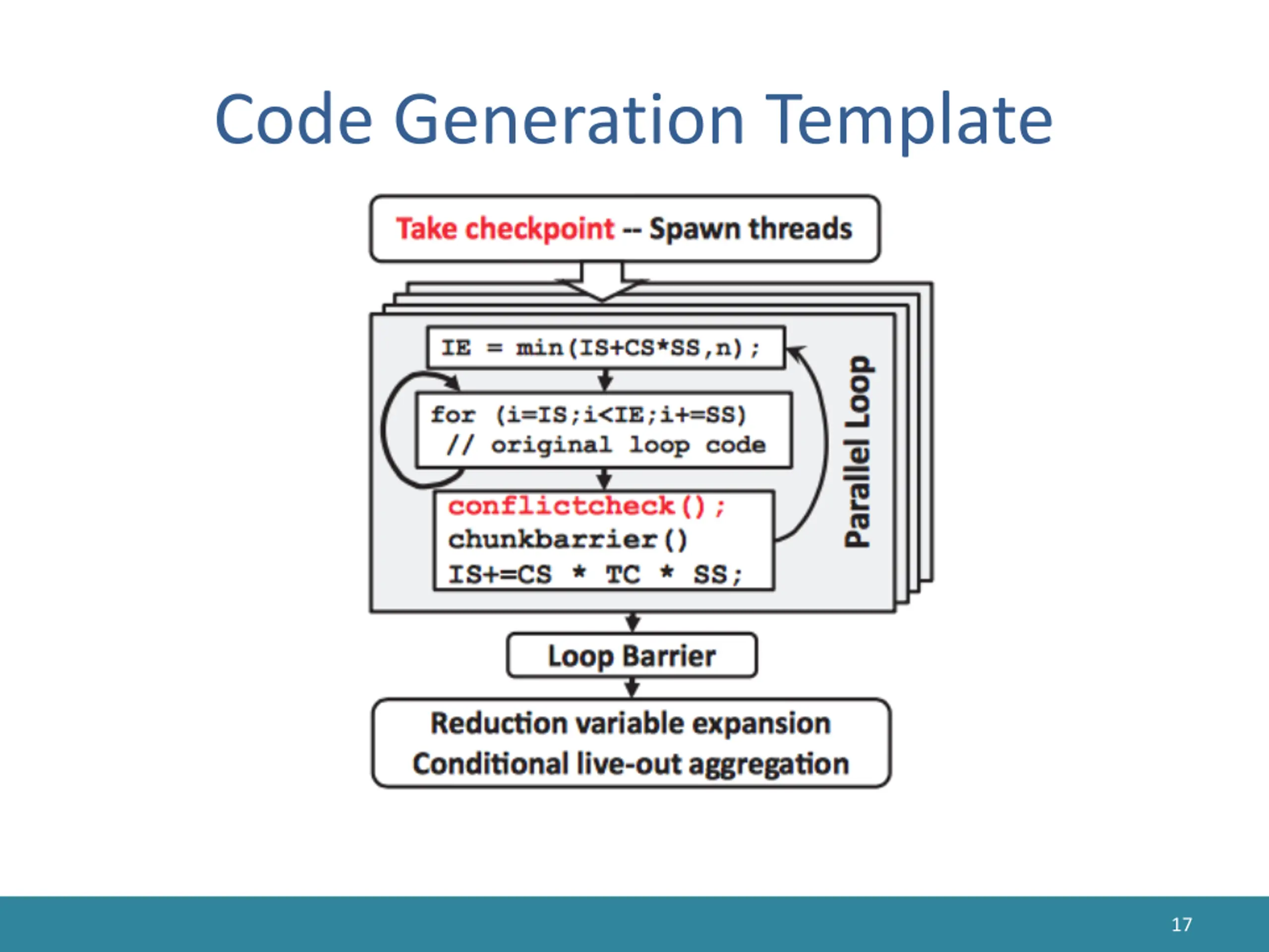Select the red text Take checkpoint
click(505, 229)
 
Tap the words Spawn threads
click(750, 229)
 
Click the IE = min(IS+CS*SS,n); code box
click(605, 348)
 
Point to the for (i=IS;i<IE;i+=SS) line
click(588, 415)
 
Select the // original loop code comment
click(606, 445)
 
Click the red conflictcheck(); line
click(586, 507)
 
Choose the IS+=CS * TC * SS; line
click(595, 574)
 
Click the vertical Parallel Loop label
click(858, 452)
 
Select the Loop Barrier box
click(632, 655)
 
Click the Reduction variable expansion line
click(631, 723)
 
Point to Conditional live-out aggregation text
click(631, 764)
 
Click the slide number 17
click(1181, 924)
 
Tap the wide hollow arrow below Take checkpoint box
click(602, 281)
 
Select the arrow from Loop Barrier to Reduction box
click(632, 687)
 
